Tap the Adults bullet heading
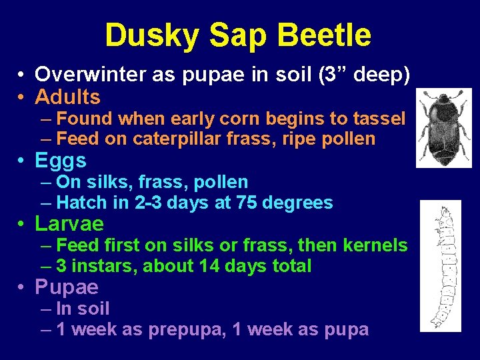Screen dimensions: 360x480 (x=67, y=97)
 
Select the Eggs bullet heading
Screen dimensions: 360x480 (x=61, y=161)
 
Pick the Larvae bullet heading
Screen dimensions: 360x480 (x=69, y=223)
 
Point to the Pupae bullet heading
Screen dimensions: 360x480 (x=67, y=287)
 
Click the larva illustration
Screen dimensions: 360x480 (x=440, y=265)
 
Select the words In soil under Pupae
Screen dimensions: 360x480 (x=83, y=309)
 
